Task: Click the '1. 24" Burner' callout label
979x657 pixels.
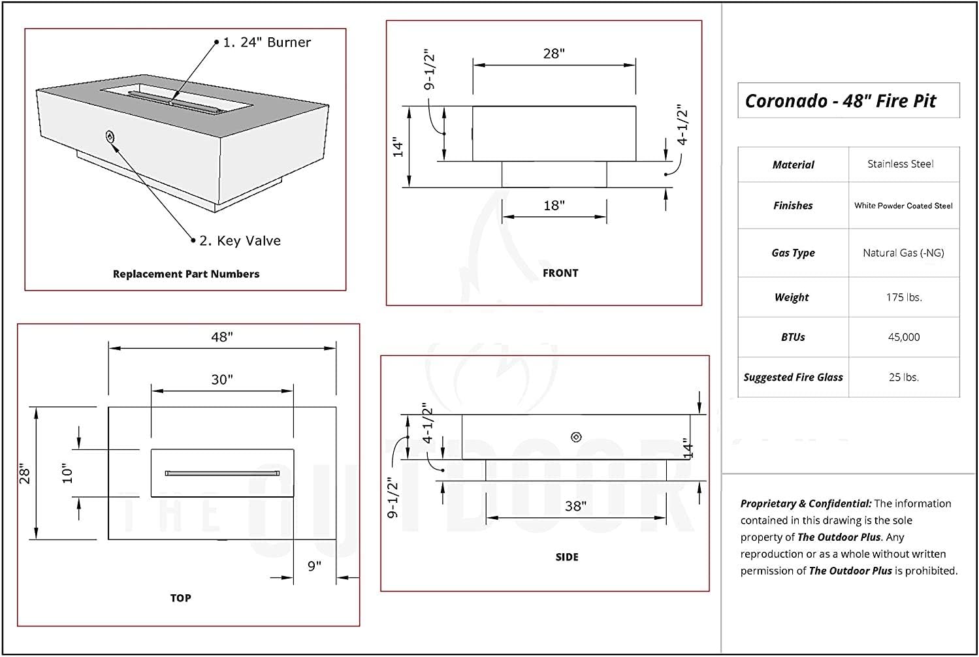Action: pyautogui.click(x=266, y=42)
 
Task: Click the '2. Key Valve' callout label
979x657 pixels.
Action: pyautogui.click(x=240, y=241)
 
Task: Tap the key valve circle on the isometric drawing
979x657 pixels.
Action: pyautogui.click(x=110, y=136)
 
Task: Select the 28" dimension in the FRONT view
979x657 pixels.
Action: pyautogui.click(x=554, y=54)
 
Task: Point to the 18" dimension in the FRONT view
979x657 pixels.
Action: pyautogui.click(x=554, y=206)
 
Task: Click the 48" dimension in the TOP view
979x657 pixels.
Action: pyautogui.click(x=222, y=337)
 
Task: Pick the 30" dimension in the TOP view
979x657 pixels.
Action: pyautogui.click(x=222, y=379)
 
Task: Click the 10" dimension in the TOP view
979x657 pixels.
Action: pyautogui.click(x=68, y=473)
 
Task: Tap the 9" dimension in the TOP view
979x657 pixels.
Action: pyautogui.click(x=315, y=566)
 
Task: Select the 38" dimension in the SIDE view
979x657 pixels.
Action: pyautogui.click(x=575, y=506)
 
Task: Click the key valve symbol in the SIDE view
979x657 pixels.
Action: pyautogui.click(x=576, y=437)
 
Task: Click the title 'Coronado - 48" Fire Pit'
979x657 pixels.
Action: pyautogui.click(x=841, y=101)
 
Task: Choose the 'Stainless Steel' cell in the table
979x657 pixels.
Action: pyautogui.click(x=900, y=165)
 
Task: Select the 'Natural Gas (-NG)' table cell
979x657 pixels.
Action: pyautogui.click(x=903, y=253)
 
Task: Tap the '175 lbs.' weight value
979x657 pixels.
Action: pyautogui.click(x=904, y=298)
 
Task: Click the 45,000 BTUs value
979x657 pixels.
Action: pyautogui.click(x=904, y=337)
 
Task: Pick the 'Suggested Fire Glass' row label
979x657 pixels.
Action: pyautogui.click(x=793, y=377)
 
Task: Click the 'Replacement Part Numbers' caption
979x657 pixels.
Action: pyautogui.click(x=186, y=274)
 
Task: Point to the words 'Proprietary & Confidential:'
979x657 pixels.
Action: pyautogui.click(x=806, y=504)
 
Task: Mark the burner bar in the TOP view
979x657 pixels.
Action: pyautogui.click(x=222, y=473)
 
